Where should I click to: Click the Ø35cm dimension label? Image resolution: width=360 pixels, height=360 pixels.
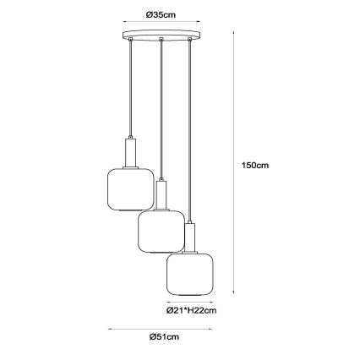pos(161,14)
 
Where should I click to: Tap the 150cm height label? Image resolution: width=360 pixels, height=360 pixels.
pos(255,165)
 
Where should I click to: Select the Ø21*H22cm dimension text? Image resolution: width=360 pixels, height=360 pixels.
pos(192,310)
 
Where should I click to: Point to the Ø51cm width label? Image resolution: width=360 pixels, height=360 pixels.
pos(164,336)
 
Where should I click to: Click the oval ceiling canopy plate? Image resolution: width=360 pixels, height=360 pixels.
pos(161,35)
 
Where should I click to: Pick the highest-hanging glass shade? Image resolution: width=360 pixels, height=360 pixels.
pos(131,189)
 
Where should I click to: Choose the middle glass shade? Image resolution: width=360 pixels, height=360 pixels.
pos(161,232)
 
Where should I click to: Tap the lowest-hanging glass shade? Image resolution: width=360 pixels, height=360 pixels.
pos(190,275)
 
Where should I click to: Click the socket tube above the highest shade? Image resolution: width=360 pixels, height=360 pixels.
pos(130,152)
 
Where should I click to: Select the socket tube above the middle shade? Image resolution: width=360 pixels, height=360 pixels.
pos(161,195)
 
